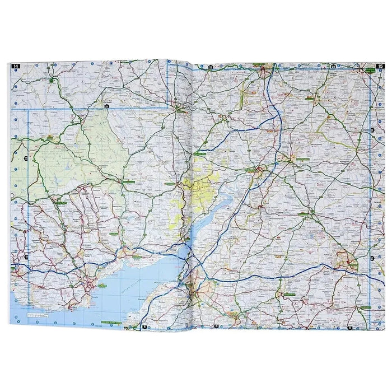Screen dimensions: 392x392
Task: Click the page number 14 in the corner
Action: pos(16,67)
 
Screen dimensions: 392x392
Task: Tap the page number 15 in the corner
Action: pos(379,67)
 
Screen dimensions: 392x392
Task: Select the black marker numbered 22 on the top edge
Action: pos(211,67)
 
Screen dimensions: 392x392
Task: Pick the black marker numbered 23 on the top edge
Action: pos(333,67)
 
